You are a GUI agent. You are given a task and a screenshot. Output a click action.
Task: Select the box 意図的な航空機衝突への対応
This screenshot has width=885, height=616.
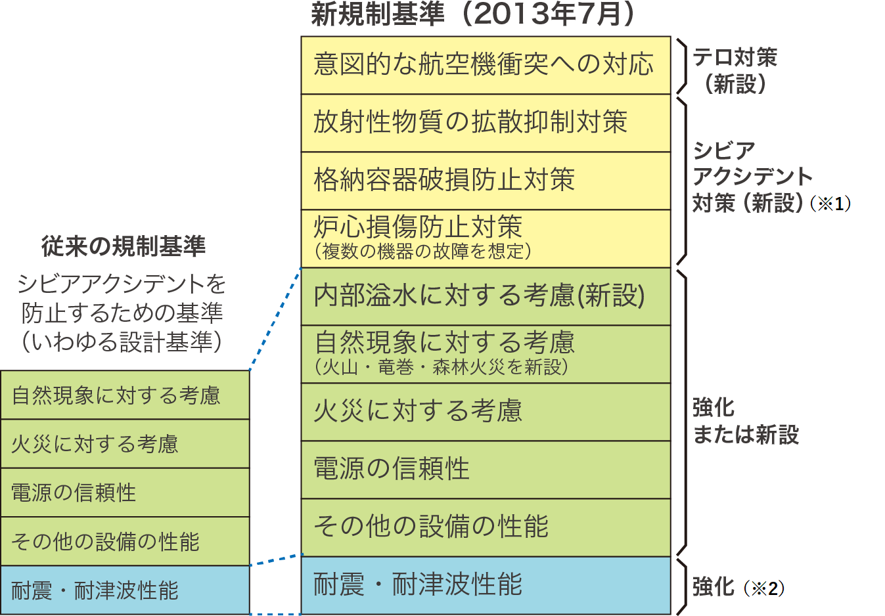click(x=485, y=65)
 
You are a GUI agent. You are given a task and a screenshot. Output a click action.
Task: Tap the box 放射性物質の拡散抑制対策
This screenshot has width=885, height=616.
click(x=485, y=123)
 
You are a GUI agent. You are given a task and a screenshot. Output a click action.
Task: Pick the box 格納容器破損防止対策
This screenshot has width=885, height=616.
click(x=485, y=181)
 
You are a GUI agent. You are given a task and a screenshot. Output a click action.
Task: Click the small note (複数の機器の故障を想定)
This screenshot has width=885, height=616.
click(x=422, y=252)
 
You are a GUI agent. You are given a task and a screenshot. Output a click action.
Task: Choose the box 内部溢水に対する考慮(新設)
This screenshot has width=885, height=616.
click(x=485, y=296)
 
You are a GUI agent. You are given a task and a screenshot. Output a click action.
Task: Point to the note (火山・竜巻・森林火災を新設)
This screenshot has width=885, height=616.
click(x=441, y=367)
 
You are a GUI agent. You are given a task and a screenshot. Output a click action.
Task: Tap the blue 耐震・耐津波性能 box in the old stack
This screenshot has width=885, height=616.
click(x=125, y=590)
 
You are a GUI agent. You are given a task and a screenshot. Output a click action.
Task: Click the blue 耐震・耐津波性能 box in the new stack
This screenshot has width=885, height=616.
click(x=485, y=585)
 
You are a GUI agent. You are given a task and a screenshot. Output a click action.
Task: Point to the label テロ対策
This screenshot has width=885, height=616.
click(x=735, y=58)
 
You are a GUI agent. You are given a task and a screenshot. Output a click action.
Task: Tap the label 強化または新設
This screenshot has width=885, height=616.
click(x=745, y=421)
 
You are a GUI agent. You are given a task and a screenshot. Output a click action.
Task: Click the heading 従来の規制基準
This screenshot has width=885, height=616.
click(x=124, y=246)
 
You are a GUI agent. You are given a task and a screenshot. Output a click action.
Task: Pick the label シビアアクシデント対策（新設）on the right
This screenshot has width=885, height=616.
click(x=752, y=177)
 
